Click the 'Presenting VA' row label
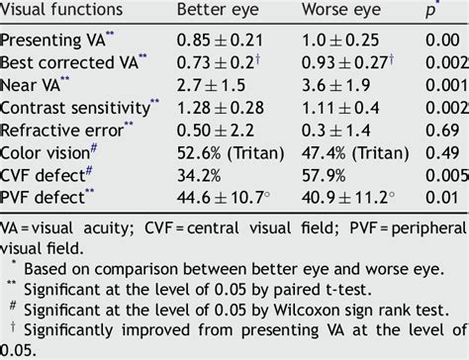pyautogui.click(x=55, y=41)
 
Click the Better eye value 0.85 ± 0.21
pyautogui.click(x=220, y=41)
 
